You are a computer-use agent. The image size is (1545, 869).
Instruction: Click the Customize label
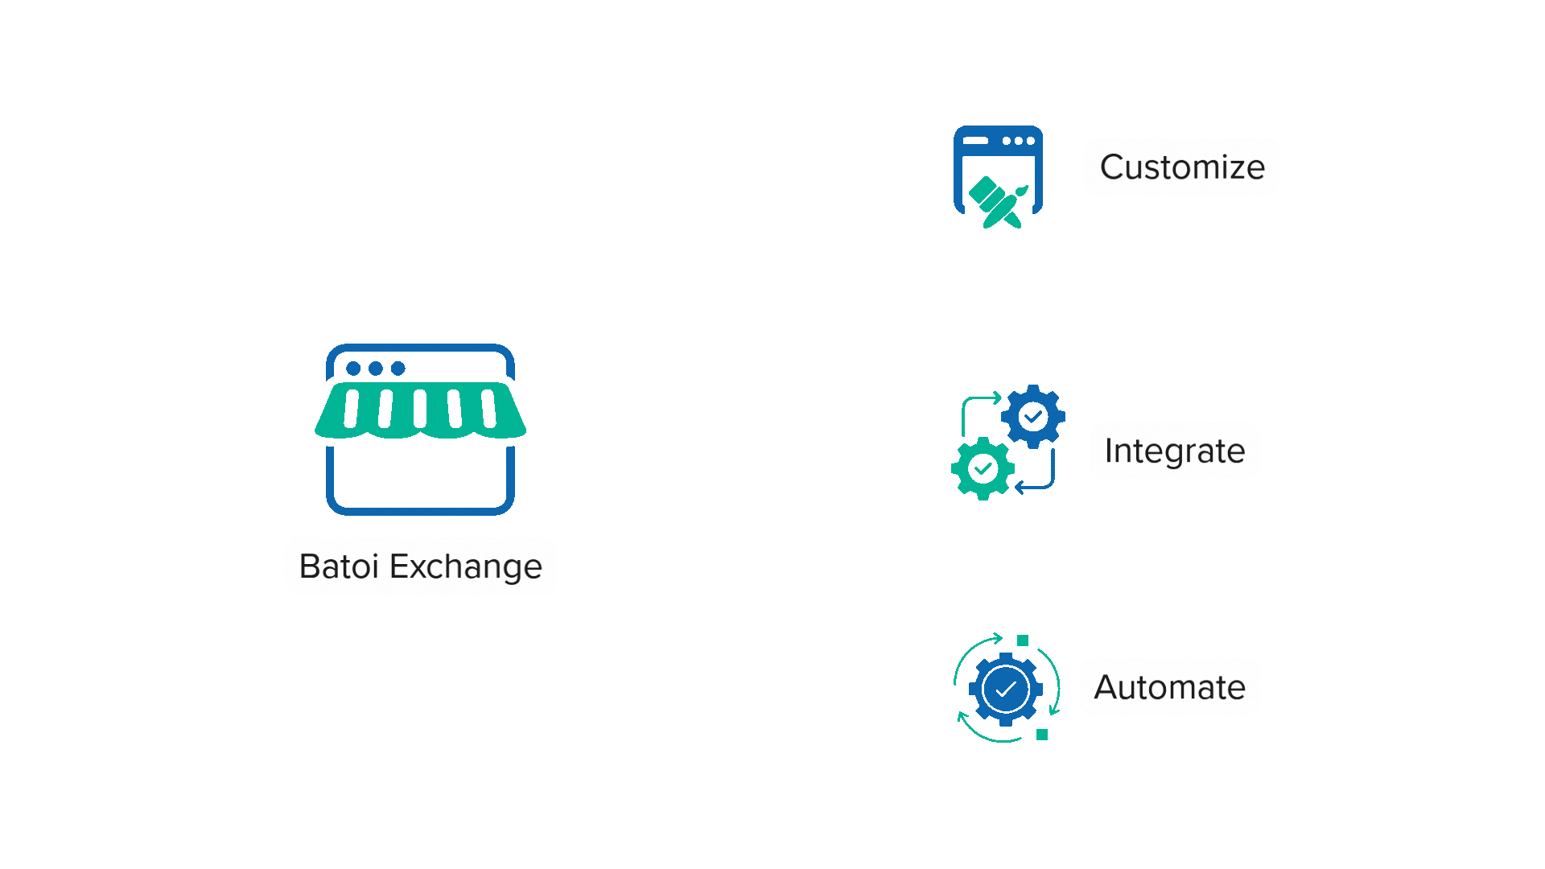point(1181,167)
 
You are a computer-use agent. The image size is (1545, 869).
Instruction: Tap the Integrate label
point(1174,451)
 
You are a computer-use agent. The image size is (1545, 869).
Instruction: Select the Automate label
point(1169,687)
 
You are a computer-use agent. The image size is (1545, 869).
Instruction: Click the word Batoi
point(339,566)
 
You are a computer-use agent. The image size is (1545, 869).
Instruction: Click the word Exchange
point(466,567)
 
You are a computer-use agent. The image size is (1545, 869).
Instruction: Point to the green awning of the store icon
point(420,410)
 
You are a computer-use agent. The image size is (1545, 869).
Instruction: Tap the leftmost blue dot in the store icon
point(353,369)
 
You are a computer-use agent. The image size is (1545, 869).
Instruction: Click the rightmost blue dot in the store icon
point(398,369)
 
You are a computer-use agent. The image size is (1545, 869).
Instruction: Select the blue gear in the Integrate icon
point(1033,417)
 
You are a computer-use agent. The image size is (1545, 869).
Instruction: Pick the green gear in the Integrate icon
point(983,468)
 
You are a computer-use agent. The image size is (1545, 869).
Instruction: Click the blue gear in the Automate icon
point(1006,690)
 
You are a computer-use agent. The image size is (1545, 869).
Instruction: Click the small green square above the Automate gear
point(1023,640)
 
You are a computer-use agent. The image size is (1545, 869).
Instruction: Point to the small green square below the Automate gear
point(1042,735)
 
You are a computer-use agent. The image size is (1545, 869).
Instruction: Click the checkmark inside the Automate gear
point(1006,690)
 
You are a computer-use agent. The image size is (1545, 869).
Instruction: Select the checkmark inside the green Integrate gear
point(983,468)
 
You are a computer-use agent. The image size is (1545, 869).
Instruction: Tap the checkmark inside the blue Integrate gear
point(1033,417)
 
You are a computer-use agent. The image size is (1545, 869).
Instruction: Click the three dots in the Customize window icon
point(1019,141)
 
